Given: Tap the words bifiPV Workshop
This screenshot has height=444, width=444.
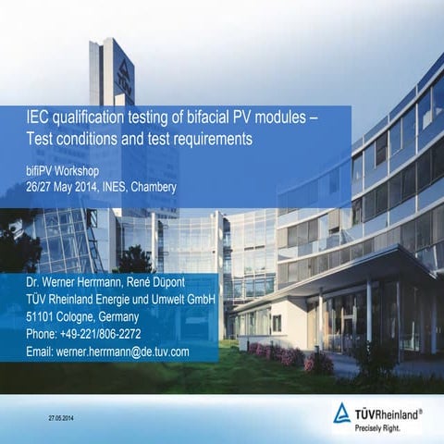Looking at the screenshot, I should coord(62,172).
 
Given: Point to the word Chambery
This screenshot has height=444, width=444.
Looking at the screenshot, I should coord(154,188).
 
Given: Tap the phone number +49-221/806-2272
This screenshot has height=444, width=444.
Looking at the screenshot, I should coord(101,334).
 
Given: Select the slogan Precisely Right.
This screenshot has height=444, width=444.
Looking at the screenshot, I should coord(382,428).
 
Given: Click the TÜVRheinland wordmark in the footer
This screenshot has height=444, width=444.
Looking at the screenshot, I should coord(388,412).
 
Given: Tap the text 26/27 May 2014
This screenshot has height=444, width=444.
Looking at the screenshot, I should coord(58,188).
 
